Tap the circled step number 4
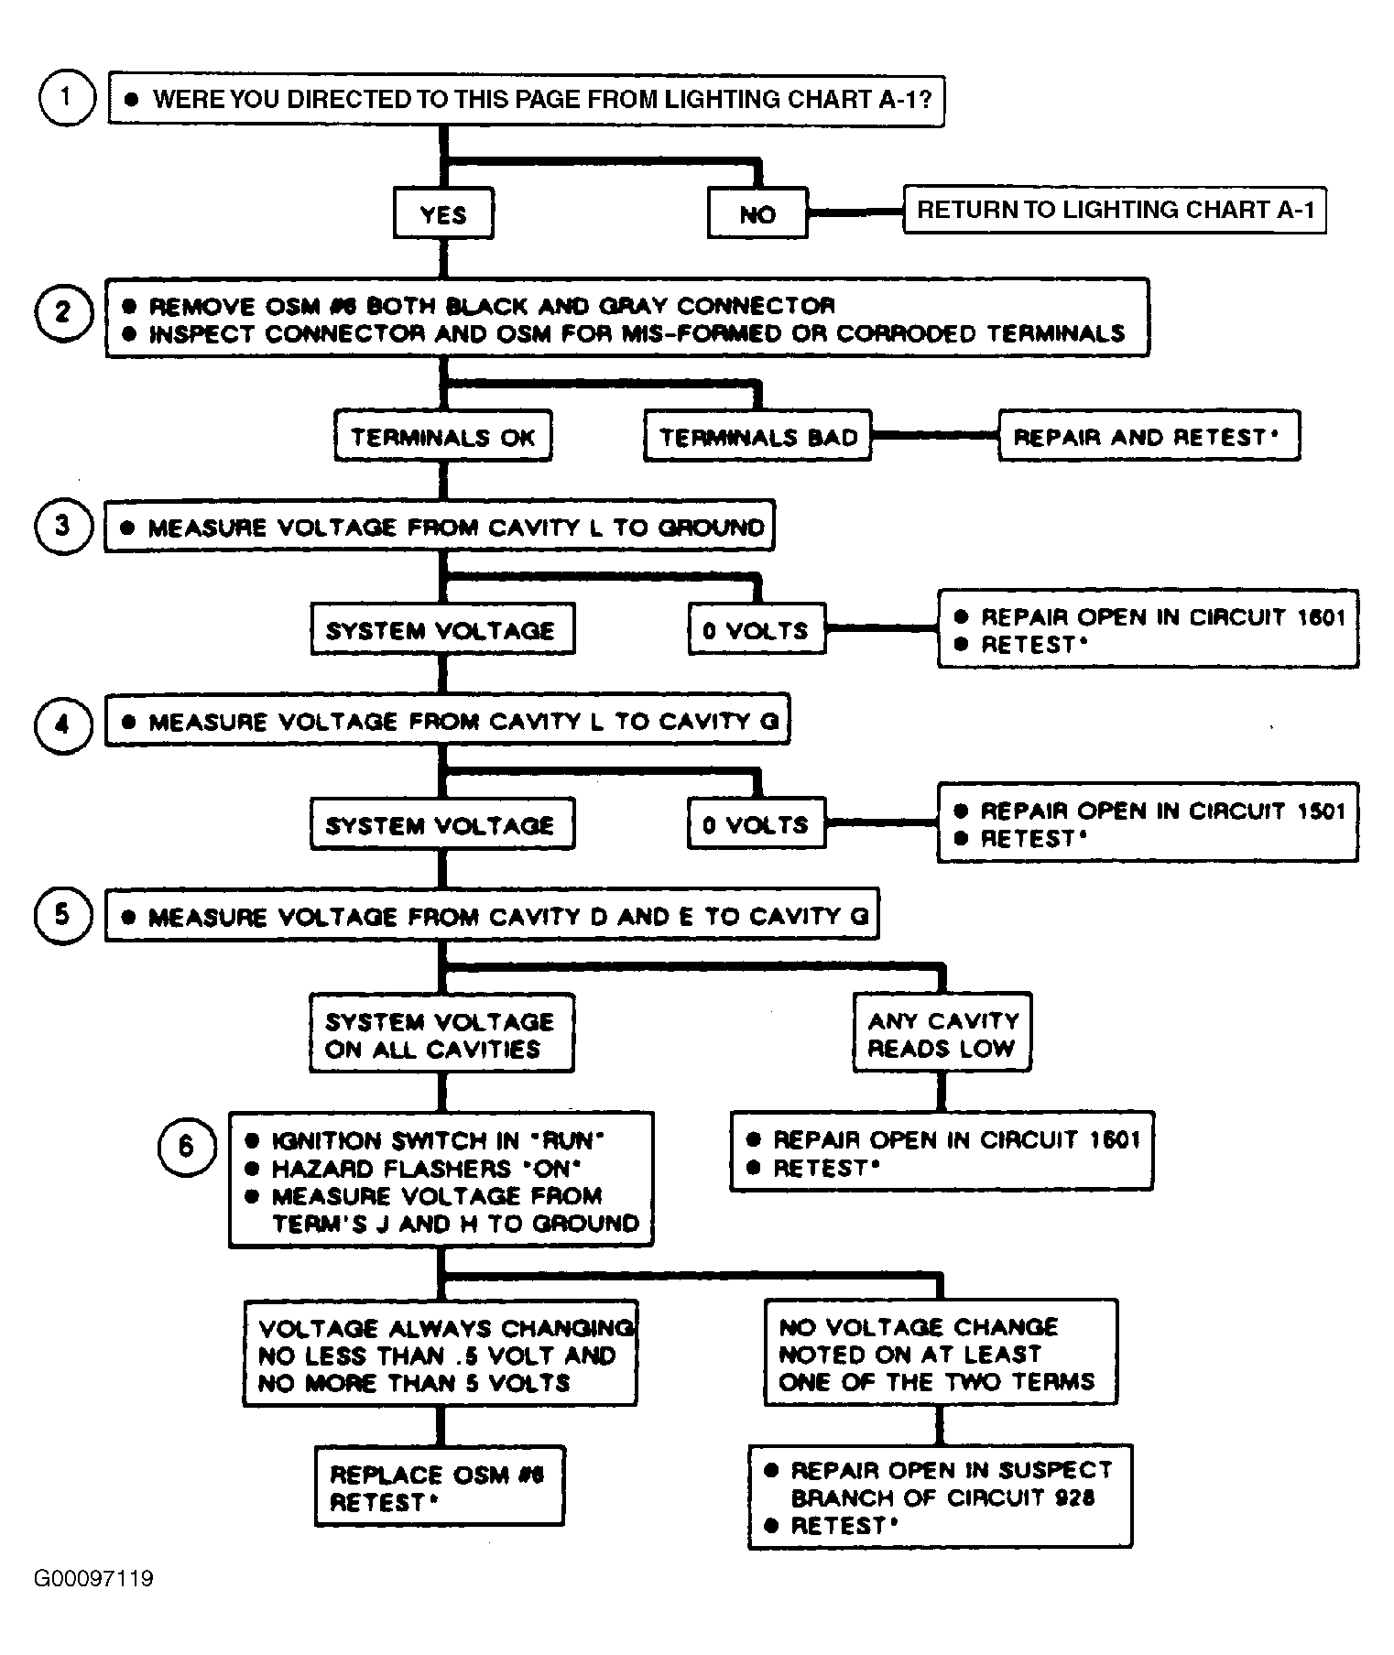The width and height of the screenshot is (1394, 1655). [x=63, y=725]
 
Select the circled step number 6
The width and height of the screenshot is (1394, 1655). [x=187, y=1146]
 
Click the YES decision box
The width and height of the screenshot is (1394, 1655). [x=443, y=214]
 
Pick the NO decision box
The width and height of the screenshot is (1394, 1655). [x=757, y=214]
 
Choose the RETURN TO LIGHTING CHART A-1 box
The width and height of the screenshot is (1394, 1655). [x=1115, y=210]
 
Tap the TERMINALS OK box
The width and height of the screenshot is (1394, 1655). [x=443, y=436]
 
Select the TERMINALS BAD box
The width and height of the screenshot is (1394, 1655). [x=758, y=436]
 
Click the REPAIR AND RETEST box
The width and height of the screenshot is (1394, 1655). [x=1149, y=436]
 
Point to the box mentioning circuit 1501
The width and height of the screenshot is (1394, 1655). [x=1148, y=822]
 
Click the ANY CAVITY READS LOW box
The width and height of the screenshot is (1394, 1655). [x=942, y=1032]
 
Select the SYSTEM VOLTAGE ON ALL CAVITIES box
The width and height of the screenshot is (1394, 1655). [x=441, y=1033]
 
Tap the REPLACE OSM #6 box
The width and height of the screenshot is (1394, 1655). [x=439, y=1486]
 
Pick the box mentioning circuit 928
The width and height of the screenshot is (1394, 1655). [x=941, y=1497]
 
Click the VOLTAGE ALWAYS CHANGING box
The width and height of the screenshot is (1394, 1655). [x=441, y=1354]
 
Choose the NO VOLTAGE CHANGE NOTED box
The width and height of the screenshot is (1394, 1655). [x=941, y=1353]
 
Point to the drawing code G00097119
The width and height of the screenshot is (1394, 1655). [x=94, y=1579]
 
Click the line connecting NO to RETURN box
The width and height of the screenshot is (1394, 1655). [x=855, y=212]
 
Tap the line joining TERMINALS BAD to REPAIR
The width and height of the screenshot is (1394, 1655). [x=935, y=435]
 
